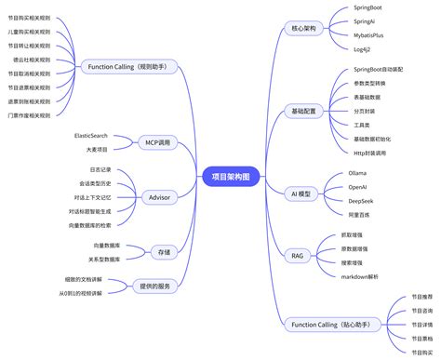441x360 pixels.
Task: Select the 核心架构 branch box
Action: point(304,29)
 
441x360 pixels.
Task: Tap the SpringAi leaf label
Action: point(364,21)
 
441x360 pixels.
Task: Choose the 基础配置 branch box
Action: point(304,111)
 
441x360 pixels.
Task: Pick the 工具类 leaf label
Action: point(363,125)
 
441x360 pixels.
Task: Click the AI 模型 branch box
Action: point(304,193)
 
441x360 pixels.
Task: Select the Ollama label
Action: point(357,173)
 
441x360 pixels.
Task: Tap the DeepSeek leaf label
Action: point(361,200)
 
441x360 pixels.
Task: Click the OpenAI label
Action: point(358,186)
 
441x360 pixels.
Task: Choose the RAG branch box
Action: point(298,255)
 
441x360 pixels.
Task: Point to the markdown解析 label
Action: point(372,276)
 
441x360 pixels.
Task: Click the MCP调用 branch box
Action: point(157,142)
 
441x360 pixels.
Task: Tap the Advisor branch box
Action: point(158,197)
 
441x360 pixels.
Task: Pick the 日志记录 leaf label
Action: point(100,170)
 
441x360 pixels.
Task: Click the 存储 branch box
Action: point(164,251)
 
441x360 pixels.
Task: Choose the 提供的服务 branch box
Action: point(152,286)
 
